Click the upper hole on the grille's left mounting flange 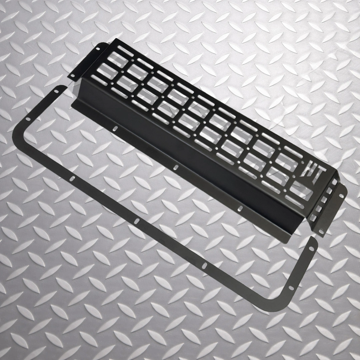[x=98, y=49]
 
